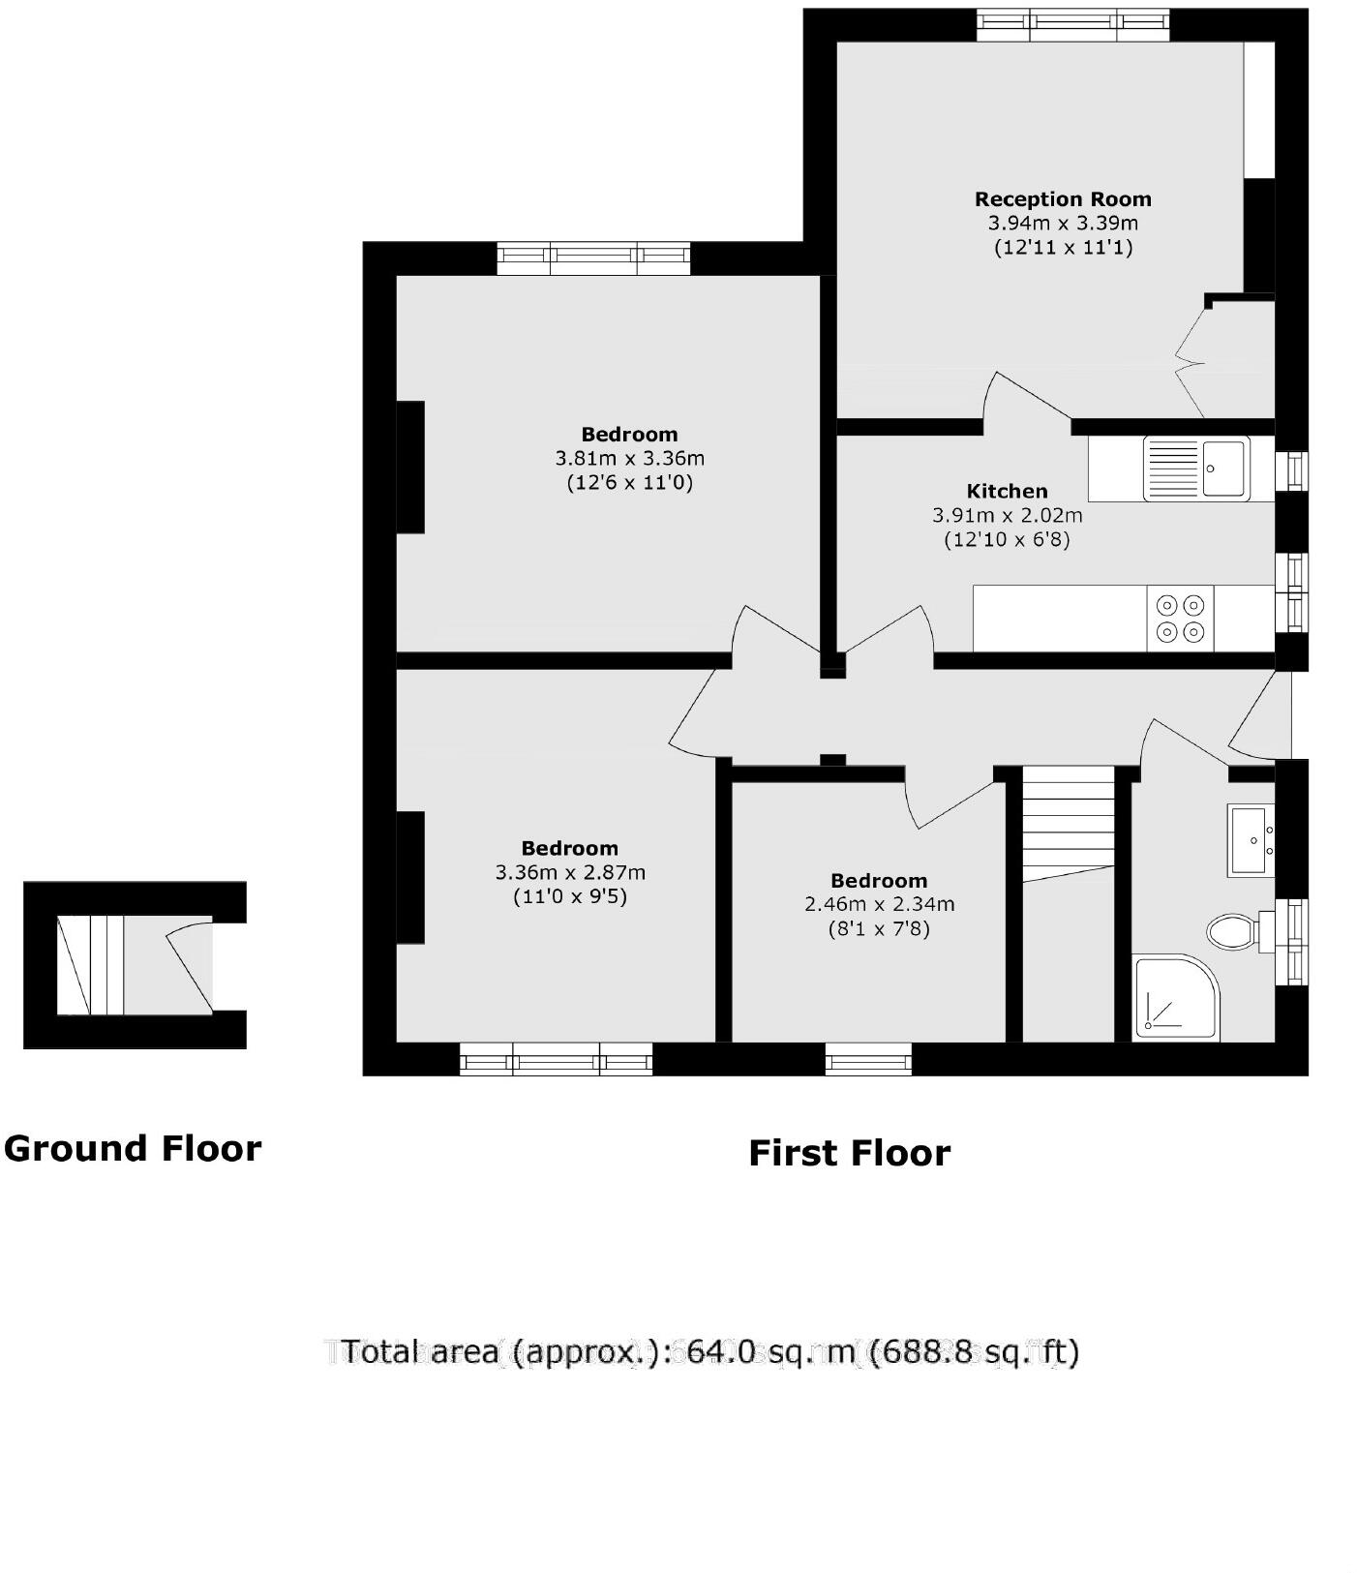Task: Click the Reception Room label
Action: [x=1062, y=199]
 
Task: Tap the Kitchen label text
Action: [x=1007, y=491]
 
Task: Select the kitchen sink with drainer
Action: [x=1195, y=469]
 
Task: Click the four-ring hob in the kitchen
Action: [x=1180, y=619]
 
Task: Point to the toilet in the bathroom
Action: [x=1232, y=932]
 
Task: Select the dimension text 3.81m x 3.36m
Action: [x=629, y=458]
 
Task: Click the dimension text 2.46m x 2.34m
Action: [x=879, y=905]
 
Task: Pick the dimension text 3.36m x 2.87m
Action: [x=570, y=872]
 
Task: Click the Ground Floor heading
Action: [x=133, y=1149]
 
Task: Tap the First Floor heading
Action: [x=849, y=1153]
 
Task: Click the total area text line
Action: [x=709, y=1351]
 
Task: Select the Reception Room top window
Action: [x=1071, y=25]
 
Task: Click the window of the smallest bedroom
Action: [x=868, y=1059]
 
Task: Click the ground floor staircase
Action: [x=91, y=965]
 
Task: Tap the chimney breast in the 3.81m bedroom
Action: [x=410, y=467]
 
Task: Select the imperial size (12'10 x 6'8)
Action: [x=1007, y=540]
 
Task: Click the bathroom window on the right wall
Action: [x=1292, y=941]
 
